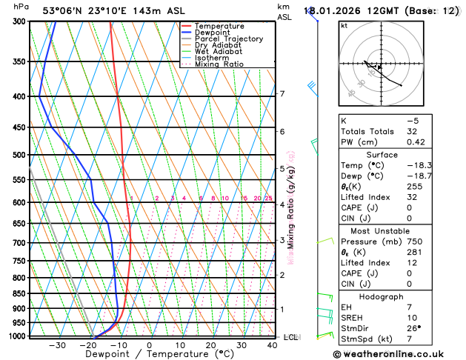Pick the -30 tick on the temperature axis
click(56, 345)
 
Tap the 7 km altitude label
click(282, 94)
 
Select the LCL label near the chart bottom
click(291, 337)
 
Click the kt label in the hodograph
click(344, 26)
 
